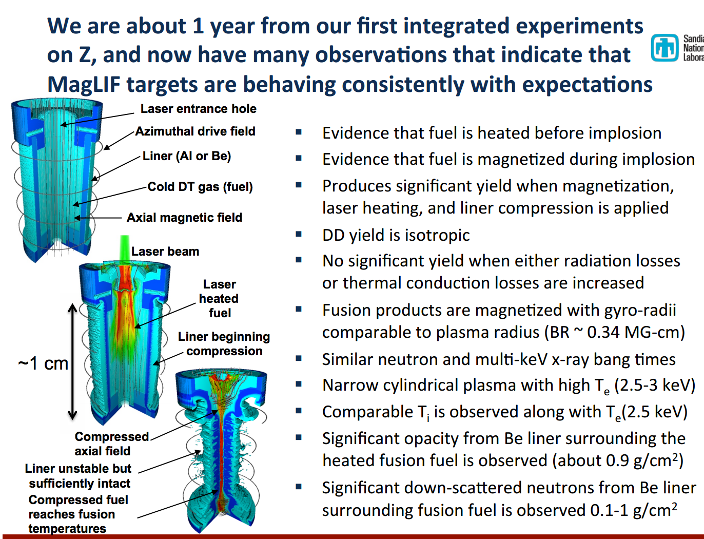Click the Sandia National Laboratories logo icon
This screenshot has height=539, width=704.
664,48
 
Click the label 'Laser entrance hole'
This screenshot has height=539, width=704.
198,109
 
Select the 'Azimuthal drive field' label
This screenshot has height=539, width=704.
195,131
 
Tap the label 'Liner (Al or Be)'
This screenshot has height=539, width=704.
187,156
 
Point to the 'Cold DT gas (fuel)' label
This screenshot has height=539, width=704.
200,187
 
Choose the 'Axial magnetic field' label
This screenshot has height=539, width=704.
184,218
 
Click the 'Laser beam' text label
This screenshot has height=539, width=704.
165,252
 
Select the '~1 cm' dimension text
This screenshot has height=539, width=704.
43,363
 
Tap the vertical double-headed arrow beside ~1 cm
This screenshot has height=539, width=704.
72,361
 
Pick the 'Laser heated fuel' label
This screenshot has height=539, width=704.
219,299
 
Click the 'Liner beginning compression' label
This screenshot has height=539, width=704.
224,344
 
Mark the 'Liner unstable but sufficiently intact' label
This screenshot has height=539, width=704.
79,476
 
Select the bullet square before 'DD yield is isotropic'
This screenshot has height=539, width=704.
299,234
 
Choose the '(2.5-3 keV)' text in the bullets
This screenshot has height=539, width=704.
654,385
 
